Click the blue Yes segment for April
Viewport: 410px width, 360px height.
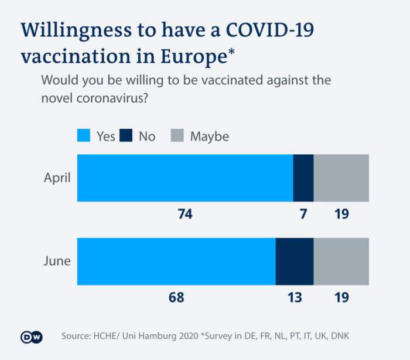click(x=184, y=178)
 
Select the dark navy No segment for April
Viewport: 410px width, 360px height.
click(x=303, y=178)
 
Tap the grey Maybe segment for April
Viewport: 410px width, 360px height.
click(x=341, y=178)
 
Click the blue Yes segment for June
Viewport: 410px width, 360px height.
click(x=176, y=261)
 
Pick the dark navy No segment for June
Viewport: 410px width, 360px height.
click(x=295, y=261)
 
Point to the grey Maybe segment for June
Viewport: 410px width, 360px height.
click(x=341, y=261)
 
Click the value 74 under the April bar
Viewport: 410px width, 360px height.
click(x=185, y=215)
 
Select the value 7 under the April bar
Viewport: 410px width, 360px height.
click(x=303, y=215)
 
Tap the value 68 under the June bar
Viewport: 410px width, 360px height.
click(x=176, y=298)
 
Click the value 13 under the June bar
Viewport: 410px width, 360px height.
click(x=295, y=298)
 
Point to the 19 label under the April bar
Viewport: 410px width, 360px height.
click(x=342, y=215)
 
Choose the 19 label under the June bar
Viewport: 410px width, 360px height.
click(x=342, y=298)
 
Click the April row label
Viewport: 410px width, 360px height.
click(x=57, y=178)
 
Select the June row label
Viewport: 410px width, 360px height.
click(x=57, y=261)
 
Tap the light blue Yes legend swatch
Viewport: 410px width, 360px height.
click(x=85, y=136)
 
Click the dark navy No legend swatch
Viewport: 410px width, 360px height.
click(x=127, y=136)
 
